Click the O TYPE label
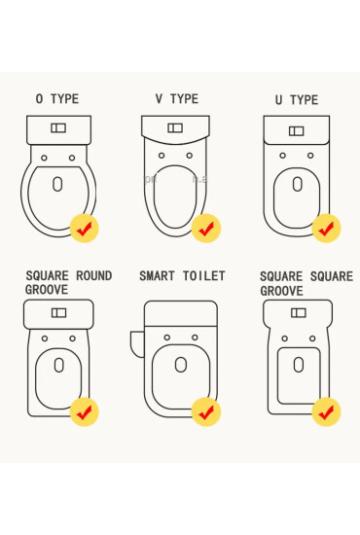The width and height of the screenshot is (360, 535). [57, 99]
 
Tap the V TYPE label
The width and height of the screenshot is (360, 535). [176, 99]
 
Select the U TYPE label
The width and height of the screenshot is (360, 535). [297, 100]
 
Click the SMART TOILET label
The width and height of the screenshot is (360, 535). [182, 276]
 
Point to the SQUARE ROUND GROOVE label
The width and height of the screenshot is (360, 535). [68, 283]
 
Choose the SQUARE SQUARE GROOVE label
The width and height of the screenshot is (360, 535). [306, 283]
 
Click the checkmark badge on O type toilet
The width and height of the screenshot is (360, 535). [85, 228]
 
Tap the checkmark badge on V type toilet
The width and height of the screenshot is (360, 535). [205, 228]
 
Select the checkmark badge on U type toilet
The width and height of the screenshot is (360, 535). [326, 228]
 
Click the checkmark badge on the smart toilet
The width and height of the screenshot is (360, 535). [205, 411]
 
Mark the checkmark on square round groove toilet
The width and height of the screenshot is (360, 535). [85, 410]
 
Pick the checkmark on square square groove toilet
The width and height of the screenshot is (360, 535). [326, 410]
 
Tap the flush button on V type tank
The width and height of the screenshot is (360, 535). [175, 127]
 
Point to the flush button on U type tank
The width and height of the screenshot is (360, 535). [297, 130]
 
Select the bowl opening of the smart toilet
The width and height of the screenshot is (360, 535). [180, 366]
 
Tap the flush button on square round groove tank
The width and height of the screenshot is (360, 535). [58, 312]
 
